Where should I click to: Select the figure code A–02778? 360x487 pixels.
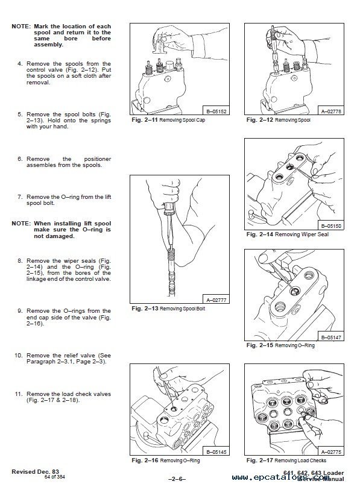[x=331, y=111]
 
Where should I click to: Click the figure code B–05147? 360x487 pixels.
[x=331, y=337]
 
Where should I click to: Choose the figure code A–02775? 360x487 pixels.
[x=331, y=451]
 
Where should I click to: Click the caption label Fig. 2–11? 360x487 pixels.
[x=145, y=121]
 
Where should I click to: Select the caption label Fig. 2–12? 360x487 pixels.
[x=259, y=121]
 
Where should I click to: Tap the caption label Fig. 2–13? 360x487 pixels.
[x=145, y=309]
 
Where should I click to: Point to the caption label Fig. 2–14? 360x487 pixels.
[x=259, y=234]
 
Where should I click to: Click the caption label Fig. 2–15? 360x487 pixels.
[x=259, y=346]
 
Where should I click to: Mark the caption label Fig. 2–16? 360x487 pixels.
[x=145, y=460]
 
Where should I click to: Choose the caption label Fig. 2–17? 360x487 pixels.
[x=259, y=460]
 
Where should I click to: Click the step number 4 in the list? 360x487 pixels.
[x=20, y=64]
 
